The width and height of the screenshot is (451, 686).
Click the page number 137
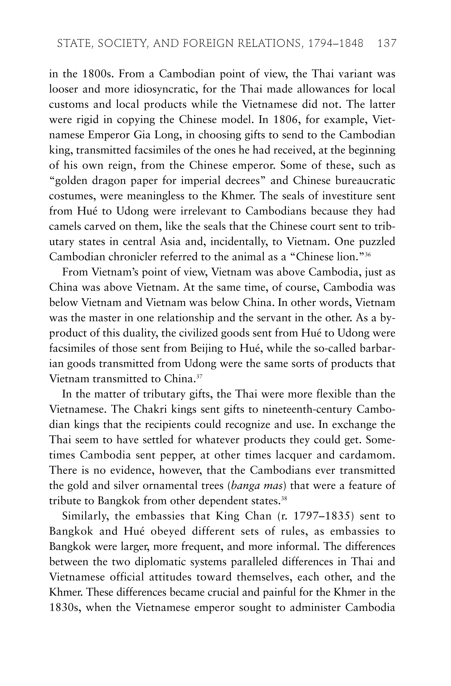387,44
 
